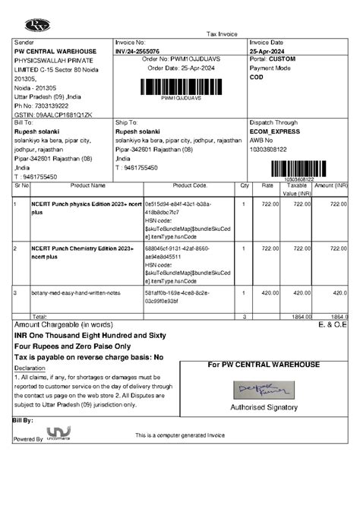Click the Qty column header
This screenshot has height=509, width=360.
point(245,185)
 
